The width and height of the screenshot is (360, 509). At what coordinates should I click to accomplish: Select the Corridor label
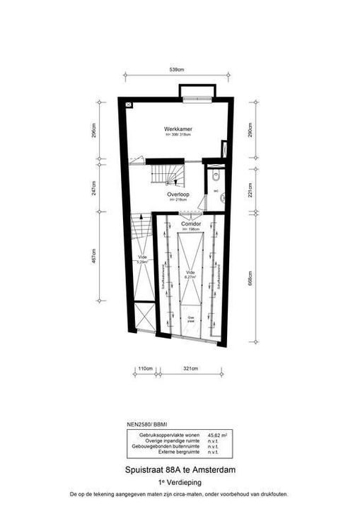[x=192, y=223]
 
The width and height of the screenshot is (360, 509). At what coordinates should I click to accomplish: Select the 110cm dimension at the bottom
[x=144, y=369]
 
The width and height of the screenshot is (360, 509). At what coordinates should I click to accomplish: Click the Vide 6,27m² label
[x=190, y=275]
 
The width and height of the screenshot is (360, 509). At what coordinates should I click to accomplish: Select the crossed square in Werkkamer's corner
[x=129, y=104]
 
